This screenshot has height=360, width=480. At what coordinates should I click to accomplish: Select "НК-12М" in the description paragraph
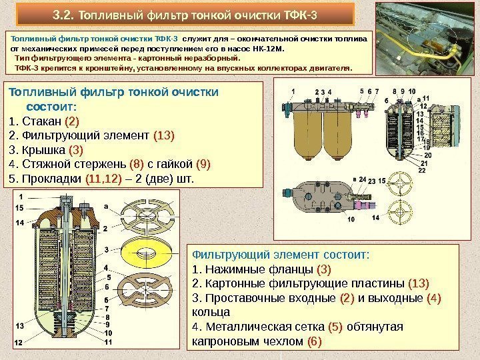tap(267, 49)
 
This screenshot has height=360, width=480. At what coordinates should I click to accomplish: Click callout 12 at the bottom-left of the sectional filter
tap(18, 342)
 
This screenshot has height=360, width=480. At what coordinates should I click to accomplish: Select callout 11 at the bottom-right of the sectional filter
tap(107, 342)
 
